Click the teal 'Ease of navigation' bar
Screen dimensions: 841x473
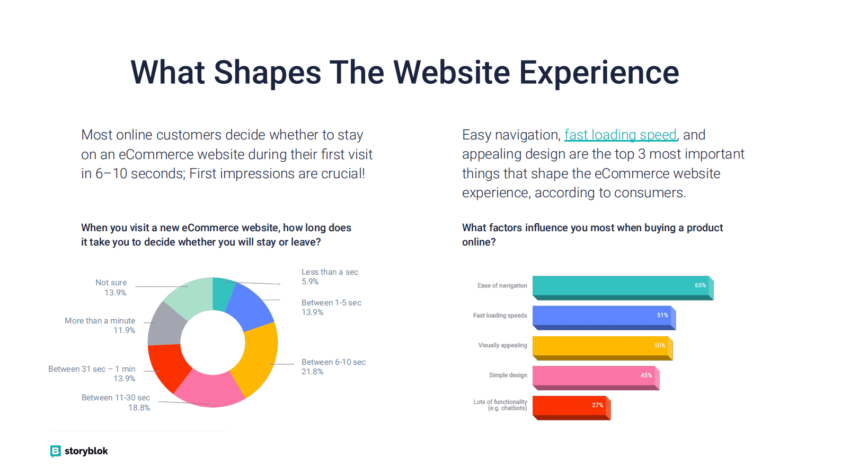tap(623, 288)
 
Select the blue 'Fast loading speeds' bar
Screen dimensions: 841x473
tap(604, 318)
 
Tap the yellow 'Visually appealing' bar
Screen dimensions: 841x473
tap(603, 348)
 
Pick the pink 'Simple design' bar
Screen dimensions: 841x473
tap(596, 378)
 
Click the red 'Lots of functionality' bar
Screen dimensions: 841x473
tap(571, 408)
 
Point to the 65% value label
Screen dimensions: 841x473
tap(700, 285)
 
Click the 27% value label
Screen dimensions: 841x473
tap(597, 405)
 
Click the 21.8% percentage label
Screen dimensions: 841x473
tap(312, 372)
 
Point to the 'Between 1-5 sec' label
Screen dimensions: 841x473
tap(331, 303)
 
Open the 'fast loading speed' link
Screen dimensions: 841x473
tap(620, 135)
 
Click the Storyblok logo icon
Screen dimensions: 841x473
tap(55, 451)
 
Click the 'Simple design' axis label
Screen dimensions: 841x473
tap(508, 375)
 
